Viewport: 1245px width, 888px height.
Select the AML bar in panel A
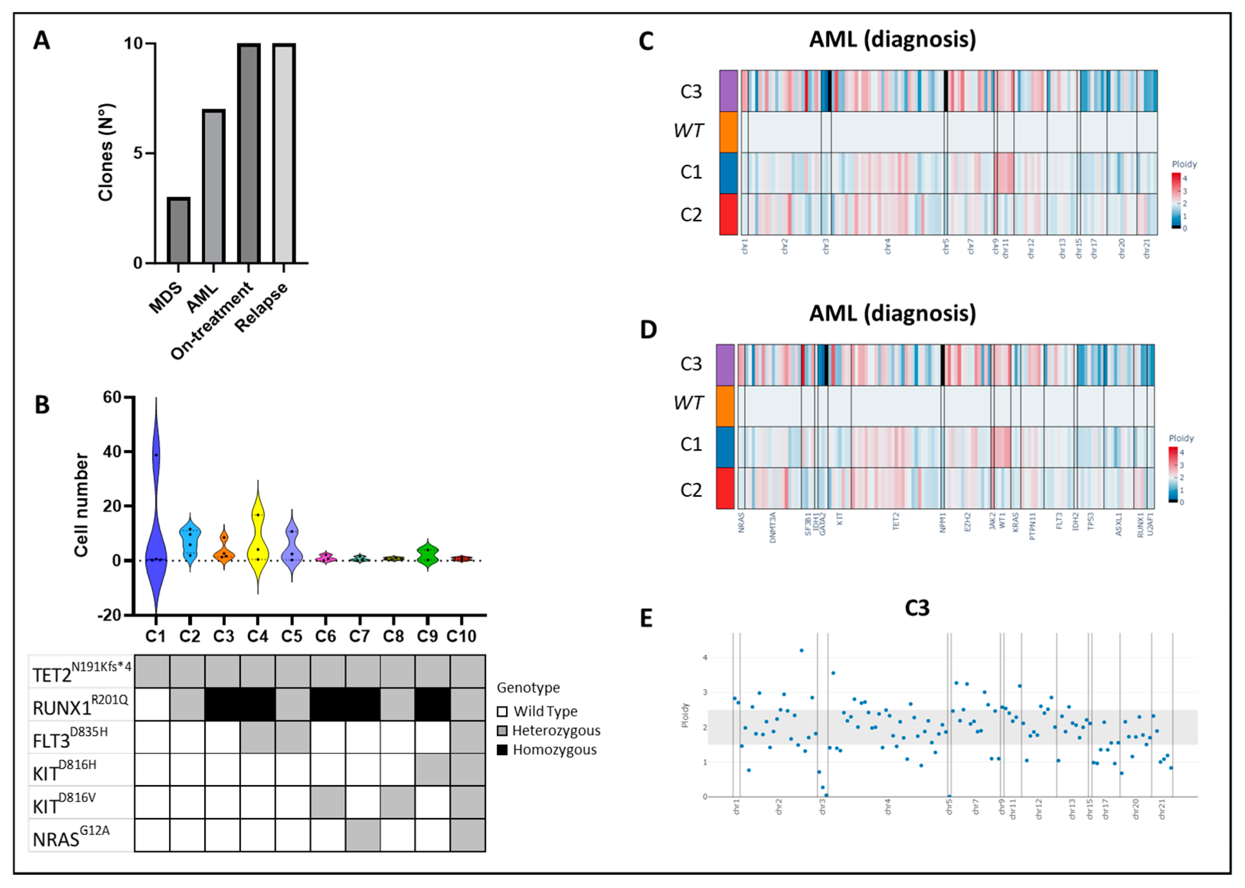click(214, 186)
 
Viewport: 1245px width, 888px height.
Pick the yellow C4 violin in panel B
click(257, 533)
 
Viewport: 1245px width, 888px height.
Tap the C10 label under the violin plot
click(461, 636)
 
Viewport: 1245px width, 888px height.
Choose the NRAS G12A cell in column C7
click(363, 835)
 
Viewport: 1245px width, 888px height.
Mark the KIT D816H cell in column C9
click(432, 770)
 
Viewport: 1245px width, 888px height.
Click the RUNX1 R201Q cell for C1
click(152, 704)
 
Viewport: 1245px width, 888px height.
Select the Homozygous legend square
click(502, 750)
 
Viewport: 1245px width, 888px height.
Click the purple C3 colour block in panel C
click(728, 91)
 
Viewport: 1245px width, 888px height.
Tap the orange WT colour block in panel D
click(725, 406)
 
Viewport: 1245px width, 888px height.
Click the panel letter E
click(646, 618)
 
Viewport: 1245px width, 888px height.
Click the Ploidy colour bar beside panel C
click(1176, 200)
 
